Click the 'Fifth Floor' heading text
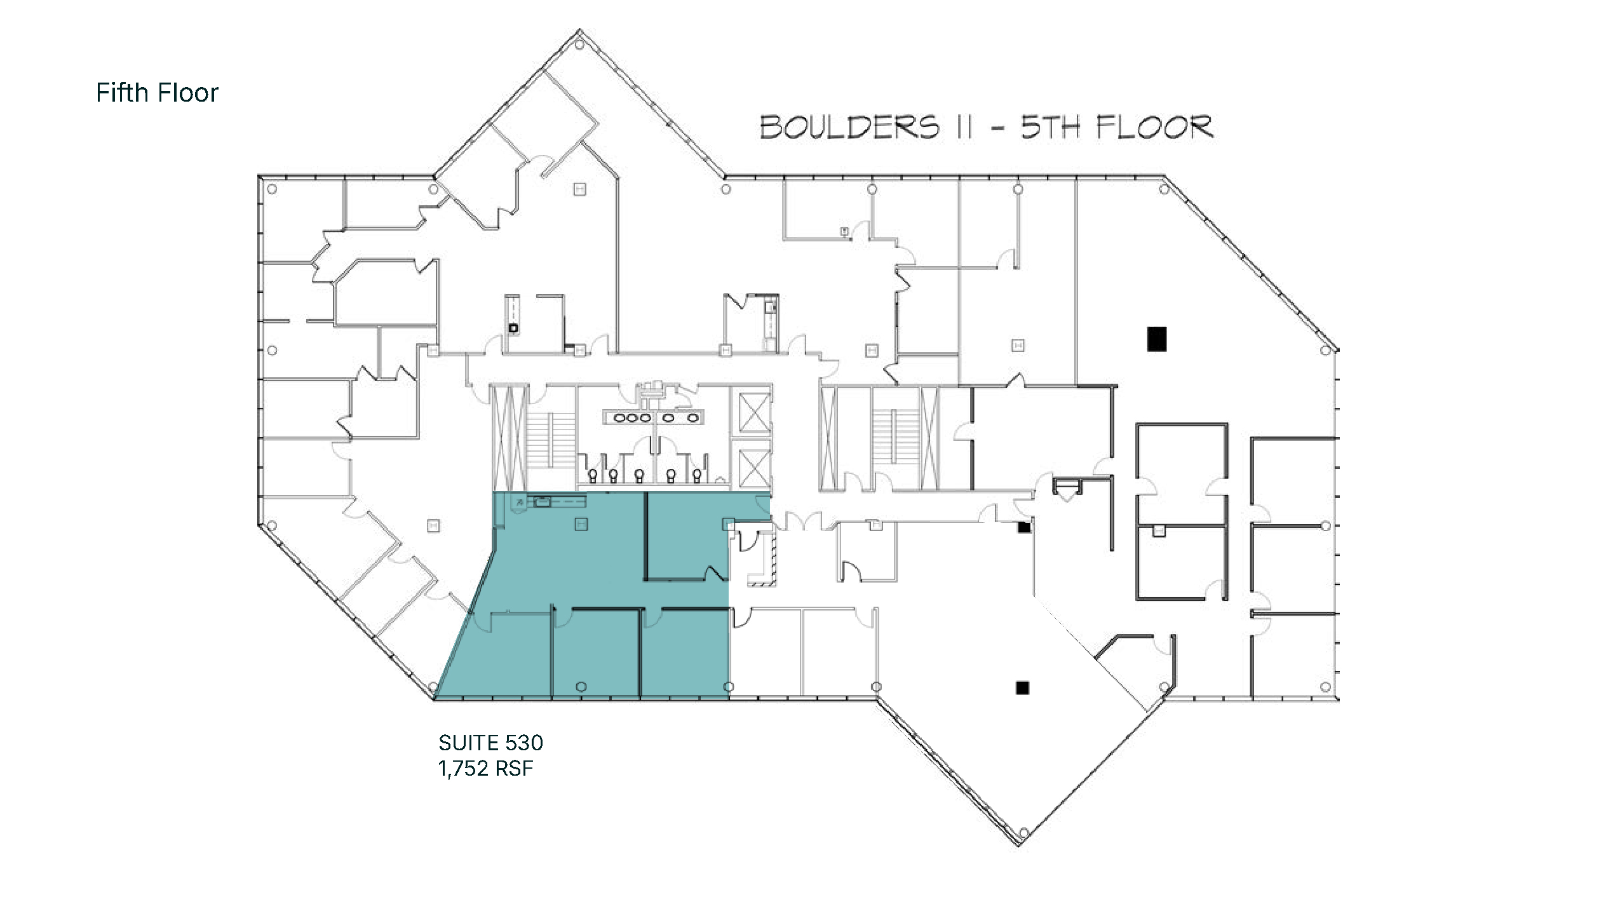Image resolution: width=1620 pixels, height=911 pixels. [157, 93]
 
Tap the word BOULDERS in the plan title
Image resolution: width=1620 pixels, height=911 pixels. [849, 127]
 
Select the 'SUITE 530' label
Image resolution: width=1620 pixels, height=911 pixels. [490, 743]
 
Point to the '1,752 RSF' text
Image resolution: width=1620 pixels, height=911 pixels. [485, 769]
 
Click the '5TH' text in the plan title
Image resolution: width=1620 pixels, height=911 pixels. [1050, 127]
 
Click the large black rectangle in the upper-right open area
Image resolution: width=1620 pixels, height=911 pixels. [1157, 339]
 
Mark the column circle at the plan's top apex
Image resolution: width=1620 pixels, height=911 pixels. [579, 45]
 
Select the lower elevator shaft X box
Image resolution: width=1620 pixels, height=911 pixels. [753, 468]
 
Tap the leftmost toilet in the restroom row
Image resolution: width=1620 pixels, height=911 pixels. [593, 475]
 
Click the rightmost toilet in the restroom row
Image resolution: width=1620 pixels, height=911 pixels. [697, 475]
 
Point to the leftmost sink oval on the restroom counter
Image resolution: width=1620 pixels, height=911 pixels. [619, 418]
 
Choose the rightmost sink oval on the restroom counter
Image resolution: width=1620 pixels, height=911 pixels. [693, 418]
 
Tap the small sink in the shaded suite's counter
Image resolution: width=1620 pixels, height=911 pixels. [542, 502]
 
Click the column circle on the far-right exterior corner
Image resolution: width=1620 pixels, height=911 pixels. [1325, 350]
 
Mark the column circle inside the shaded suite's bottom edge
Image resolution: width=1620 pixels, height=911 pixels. [581, 687]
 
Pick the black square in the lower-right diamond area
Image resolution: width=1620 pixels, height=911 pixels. [1022, 687]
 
